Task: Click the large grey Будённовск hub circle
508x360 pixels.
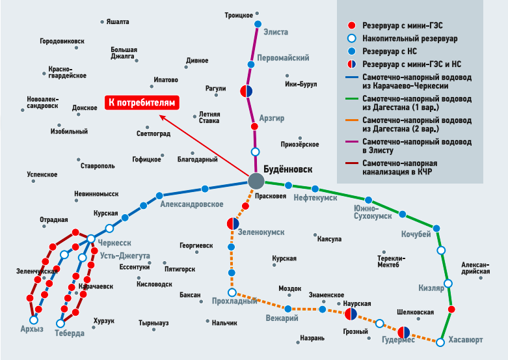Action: click(256, 182)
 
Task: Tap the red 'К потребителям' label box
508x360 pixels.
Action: click(142, 102)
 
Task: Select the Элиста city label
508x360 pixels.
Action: click(275, 31)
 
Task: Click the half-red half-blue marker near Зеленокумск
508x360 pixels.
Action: click(232, 224)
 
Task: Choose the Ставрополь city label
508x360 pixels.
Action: click(98, 166)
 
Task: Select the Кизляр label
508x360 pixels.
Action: click(431, 287)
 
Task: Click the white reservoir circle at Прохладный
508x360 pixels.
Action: click(232, 292)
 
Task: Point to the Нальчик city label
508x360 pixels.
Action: click(224, 322)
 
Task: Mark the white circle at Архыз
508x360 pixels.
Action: click(34, 320)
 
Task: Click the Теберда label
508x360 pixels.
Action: click(70, 333)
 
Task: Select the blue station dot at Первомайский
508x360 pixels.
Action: click(250, 64)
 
